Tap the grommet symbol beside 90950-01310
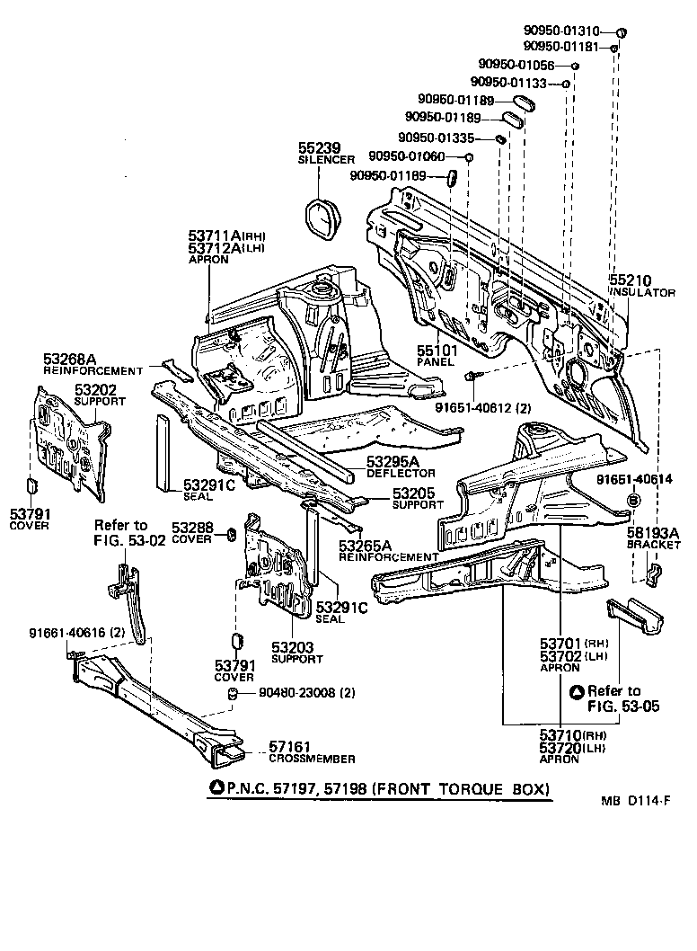(621, 32)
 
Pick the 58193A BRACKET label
(654, 537)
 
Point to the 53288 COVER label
(190, 532)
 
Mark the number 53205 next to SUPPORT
(412, 493)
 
